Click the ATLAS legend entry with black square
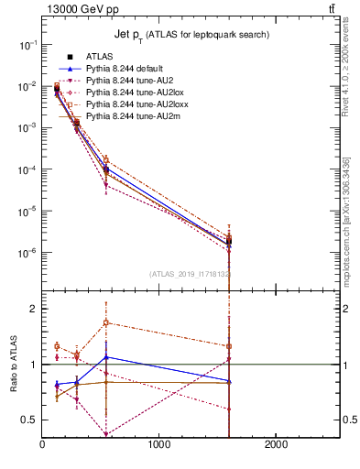pos(98,57)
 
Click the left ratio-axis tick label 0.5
pos(30,420)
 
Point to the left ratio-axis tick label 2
pos(34,309)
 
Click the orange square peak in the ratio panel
pos(107,322)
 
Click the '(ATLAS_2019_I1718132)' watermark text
pos(190,273)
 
